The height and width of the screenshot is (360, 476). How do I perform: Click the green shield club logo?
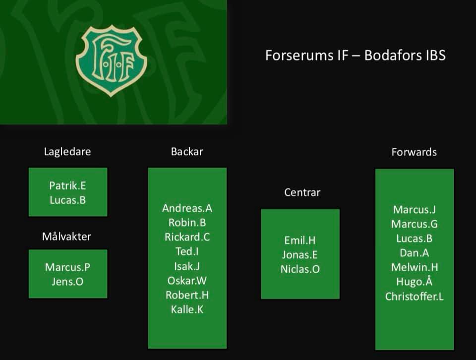(x=112, y=59)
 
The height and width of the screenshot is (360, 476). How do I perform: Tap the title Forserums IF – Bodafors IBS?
(x=355, y=55)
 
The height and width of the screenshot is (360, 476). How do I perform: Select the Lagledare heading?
(x=67, y=152)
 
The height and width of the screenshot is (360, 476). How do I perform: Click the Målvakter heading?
(x=66, y=237)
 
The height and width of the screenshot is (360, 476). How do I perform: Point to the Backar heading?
(x=187, y=152)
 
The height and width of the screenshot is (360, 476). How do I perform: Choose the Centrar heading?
(x=302, y=192)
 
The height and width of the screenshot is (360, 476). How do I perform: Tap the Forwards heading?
(x=414, y=152)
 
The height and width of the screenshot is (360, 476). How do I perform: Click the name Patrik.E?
(x=67, y=185)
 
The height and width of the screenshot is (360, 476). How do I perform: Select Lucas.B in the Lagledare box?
(x=67, y=200)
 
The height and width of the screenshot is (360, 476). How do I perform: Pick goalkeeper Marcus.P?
(x=67, y=267)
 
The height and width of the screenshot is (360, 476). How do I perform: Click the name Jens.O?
(x=67, y=282)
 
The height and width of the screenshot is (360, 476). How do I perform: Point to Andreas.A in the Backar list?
(x=187, y=208)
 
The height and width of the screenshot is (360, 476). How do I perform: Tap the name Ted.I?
(x=187, y=251)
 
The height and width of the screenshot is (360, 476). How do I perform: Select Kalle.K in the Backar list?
(x=187, y=309)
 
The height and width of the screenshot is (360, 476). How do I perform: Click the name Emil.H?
(x=300, y=240)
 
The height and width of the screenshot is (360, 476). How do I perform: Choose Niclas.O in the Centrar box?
(x=300, y=269)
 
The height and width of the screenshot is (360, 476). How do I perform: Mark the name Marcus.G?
(x=414, y=224)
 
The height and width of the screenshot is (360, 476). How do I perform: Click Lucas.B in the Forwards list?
(x=414, y=239)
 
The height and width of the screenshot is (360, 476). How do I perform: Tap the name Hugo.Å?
(x=414, y=282)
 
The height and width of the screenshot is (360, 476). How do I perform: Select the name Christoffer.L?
(x=414, y=297)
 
